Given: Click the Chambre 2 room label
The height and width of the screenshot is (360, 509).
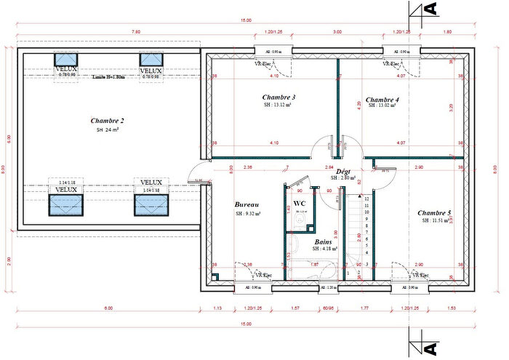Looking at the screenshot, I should point(108,120).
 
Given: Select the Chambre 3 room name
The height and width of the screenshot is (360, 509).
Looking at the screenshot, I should point(278,97).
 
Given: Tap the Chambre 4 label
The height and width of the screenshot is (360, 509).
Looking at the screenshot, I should point(382,99).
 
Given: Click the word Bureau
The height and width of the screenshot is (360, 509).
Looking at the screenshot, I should point(247,205).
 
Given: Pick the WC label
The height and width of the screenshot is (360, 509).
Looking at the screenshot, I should point(299,203).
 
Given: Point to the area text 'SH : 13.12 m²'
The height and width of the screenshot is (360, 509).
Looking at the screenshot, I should point(278,105).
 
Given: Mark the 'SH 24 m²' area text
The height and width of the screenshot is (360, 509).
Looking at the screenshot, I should point(108,129).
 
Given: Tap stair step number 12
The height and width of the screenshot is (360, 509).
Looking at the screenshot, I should point(366,198).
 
